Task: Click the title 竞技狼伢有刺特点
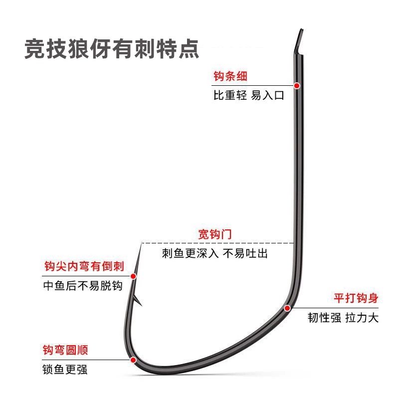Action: [x=112, y=50]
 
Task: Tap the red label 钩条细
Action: [x=230, y=76]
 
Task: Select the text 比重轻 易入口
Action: [x=248, y=95]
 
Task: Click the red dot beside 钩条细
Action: [x=297, y=86]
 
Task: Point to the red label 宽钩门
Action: [x=215, y=234]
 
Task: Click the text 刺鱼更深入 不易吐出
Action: [x=215, y=253]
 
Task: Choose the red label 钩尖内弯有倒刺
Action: [x=84, y=266]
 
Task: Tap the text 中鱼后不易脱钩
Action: [x=83, y=286]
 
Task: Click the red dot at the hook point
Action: [x=133, y=276]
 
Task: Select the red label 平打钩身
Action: [x=356, y=298]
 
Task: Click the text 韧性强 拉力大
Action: [x=343, y=318]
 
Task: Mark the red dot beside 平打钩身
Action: [x=287, y=308]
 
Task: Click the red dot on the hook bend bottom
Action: [x=133, y=360]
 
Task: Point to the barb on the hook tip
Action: [x=139, y=301]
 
